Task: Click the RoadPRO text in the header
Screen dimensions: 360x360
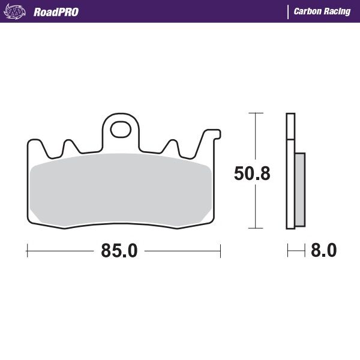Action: pyautogui.click(x=56, y=11)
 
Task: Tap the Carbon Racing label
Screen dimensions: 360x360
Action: pyautogui.click(x=322, y=11)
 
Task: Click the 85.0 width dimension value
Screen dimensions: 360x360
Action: pyautogui.click(x=119, y=250)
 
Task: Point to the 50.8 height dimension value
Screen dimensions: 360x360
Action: pyautogui.click(x=251, y=174)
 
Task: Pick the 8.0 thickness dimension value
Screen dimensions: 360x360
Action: pyautogui.click(x=324, y=250)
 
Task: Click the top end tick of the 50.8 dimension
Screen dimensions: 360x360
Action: pyautogui.click(x=256, y=113)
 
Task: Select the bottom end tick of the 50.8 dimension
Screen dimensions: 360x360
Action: pyautogui.click(x=256, y=228)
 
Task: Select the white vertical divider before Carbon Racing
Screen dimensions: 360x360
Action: pyautogui.click(x=288, y=11)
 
